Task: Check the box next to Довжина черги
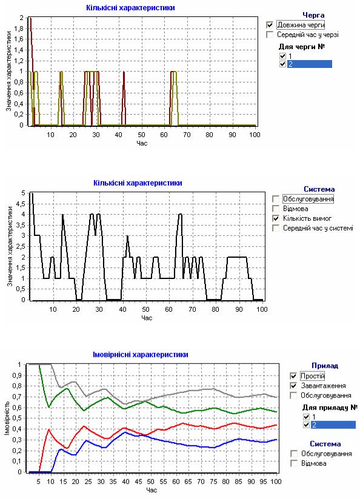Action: (270, 25)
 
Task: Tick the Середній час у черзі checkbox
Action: (270, 35)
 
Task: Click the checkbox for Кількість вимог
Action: (276, 218)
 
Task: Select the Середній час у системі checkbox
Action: (276, 228)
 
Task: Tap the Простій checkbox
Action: (293, 376)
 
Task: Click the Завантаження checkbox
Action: (293, 386)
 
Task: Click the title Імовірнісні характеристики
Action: (141, 354)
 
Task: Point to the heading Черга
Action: (313, 15)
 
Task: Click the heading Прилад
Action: (325, 366)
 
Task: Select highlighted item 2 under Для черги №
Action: (310, 64)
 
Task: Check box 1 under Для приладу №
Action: (306, 417)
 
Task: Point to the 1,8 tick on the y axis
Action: (19, 29)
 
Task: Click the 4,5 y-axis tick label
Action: (21, 204)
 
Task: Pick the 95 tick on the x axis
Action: (264, 482)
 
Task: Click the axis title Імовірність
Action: (7, 419)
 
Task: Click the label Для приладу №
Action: (330, 407)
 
